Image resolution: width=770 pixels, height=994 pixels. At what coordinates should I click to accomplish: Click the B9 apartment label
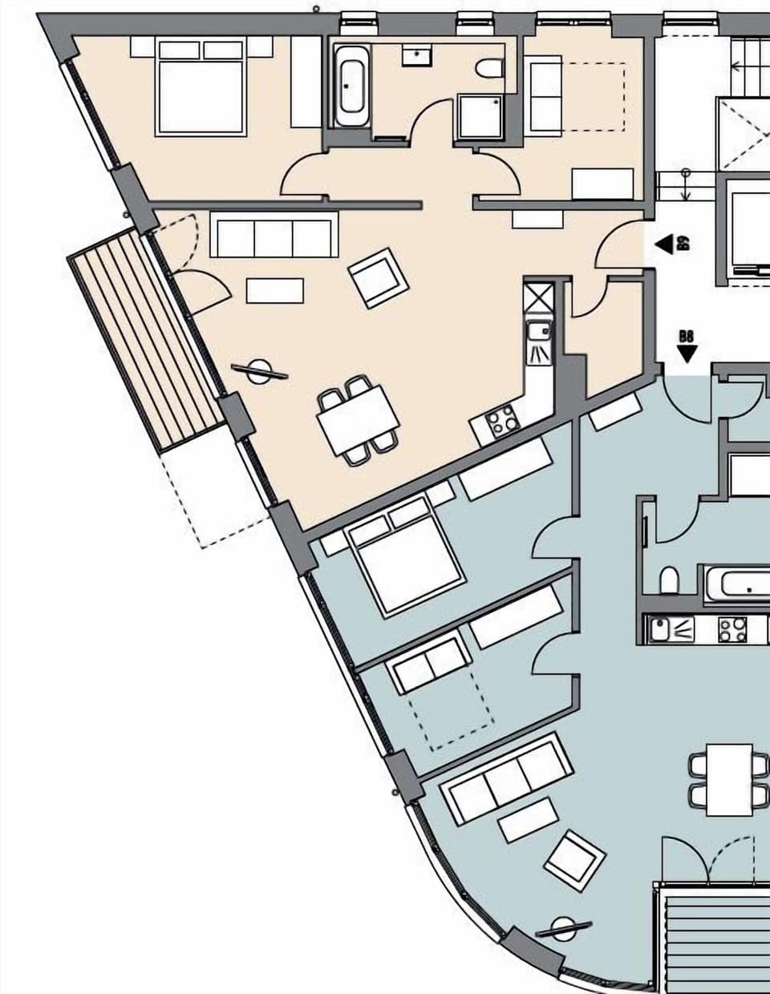[684, 243]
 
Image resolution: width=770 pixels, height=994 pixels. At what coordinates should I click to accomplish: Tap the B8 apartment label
[687, 337]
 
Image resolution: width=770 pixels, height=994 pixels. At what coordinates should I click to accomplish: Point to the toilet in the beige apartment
[488, 69]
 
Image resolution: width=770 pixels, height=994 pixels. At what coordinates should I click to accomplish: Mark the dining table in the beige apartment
[358, 418]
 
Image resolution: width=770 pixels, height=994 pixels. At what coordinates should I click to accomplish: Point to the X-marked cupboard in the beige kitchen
[538, 297]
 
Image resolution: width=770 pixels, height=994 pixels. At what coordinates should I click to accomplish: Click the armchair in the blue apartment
[574, 859]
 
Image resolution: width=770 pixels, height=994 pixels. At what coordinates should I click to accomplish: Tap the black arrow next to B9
[663, 244]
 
